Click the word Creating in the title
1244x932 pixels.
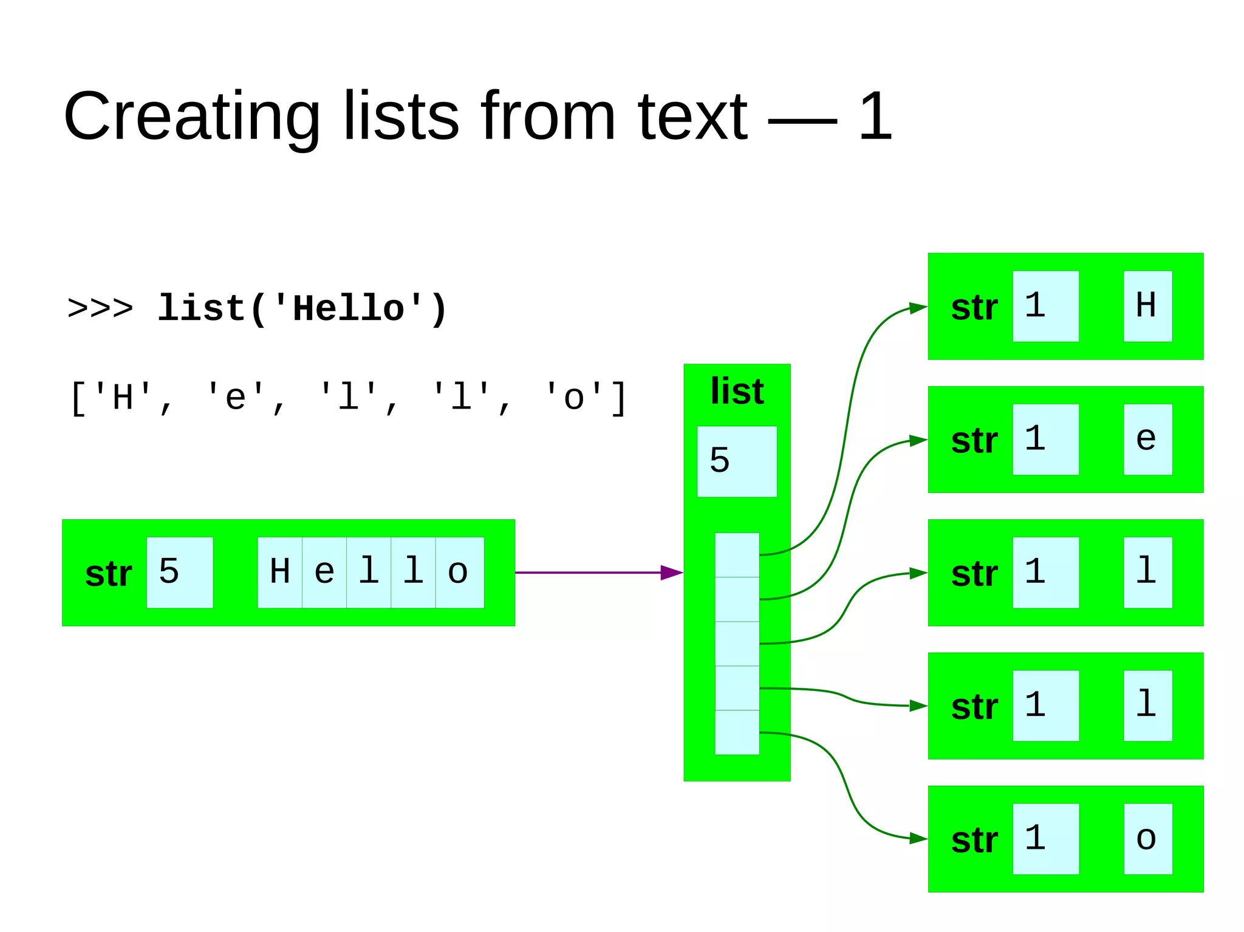point(191,117)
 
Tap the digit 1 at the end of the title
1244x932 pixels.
point(875,117)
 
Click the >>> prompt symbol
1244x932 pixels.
point(100,308)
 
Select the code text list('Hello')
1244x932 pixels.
point(302,308)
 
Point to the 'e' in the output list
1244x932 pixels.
point(236,398)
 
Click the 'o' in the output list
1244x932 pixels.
point(574,398)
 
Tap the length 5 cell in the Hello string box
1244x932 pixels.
point(180,572)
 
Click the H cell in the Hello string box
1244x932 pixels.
point(280,572)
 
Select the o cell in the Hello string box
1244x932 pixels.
point(459,572)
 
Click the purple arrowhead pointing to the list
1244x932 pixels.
point(671,572)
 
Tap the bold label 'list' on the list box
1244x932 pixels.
point(737,392)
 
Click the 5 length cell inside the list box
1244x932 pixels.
point(737,461)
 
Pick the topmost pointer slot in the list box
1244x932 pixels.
point(737,555)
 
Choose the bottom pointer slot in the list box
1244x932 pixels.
point(737,732)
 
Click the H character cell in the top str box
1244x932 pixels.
point(1147,306)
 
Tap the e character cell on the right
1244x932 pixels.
point(1147,439)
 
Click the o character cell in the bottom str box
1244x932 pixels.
point(1147,838)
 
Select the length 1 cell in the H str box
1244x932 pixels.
point(1045,306)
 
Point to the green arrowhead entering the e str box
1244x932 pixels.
point(918,440)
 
